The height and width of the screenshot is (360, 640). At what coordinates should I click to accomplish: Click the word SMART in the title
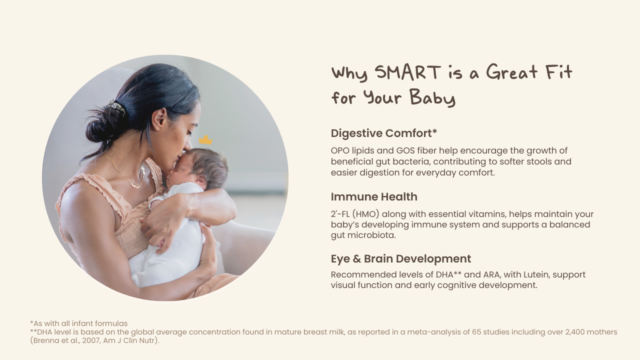click(407, 72)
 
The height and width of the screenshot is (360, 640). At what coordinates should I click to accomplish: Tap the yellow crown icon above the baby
click(205, 139)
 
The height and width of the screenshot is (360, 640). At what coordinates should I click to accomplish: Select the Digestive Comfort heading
click(384, 133)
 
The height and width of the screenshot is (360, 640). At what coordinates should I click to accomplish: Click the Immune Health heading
click(374, 197)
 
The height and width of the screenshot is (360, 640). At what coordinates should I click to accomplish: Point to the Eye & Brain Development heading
click(401, 259)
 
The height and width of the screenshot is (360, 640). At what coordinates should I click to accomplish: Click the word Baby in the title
click(432, 97)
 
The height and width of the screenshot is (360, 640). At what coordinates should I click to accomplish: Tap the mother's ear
click(159, 119)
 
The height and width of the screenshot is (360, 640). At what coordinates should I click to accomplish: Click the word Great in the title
click(512, 72)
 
